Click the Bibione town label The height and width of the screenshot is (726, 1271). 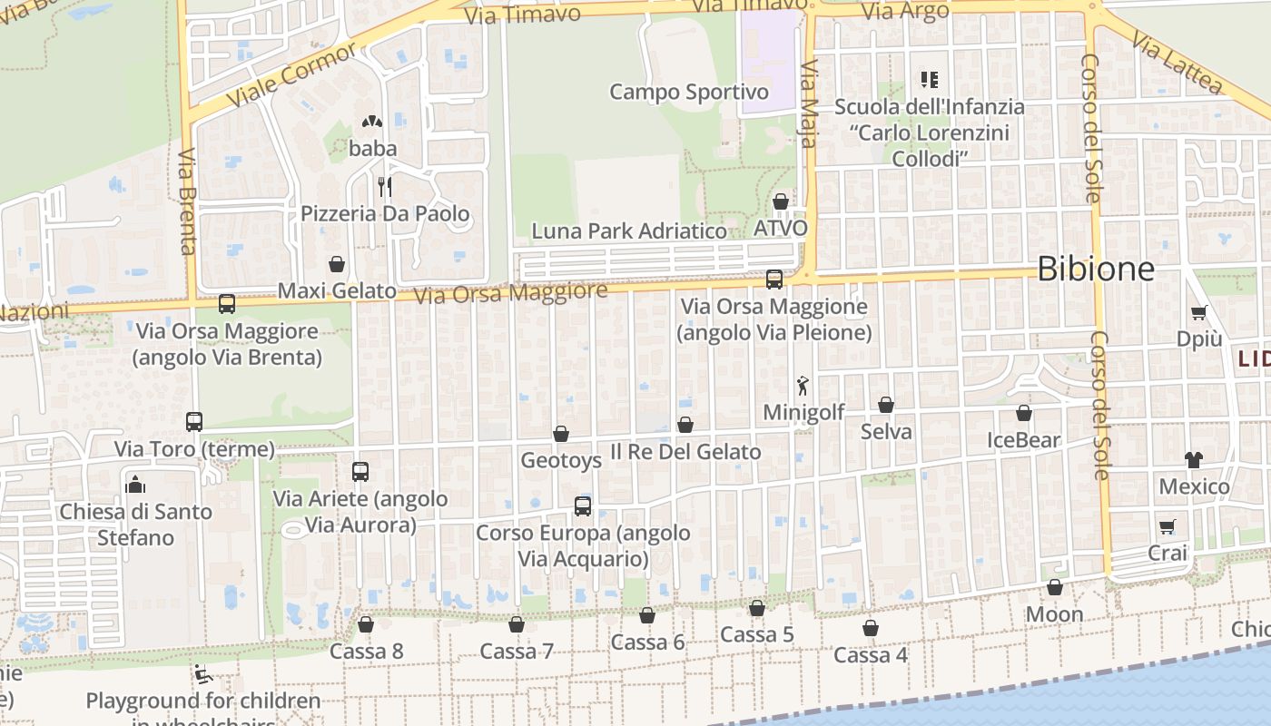[x=1095, y=270]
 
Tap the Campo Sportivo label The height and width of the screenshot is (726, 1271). [x=688, y=92]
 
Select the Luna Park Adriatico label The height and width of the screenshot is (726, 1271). [x=629, y=231]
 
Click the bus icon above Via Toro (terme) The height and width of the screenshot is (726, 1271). [x=194, y=422]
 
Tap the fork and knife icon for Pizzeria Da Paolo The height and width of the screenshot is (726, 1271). [x=385, y=187]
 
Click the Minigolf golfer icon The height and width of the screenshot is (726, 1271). [x=803, y=387]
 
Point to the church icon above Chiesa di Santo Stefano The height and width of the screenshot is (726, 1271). [x=135, y=485]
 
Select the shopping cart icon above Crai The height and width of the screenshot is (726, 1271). [x=1168, y=526]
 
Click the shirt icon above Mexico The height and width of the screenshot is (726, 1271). [x=1193, y=460]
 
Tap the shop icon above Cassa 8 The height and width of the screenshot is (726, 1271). [x=366, y=624]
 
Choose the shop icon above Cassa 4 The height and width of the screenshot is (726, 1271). [x=871, y=628]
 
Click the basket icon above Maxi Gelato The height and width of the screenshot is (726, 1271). [x=337, y=264]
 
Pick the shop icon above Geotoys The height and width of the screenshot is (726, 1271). [x=561, y=434]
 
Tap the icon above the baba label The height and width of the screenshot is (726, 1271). [x=371, y=122]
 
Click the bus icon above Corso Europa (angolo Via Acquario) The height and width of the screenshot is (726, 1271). [x=583, y=506]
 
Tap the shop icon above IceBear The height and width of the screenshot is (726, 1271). [x=1024, y=414]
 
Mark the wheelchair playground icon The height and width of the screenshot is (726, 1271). [x=203, y=674]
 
